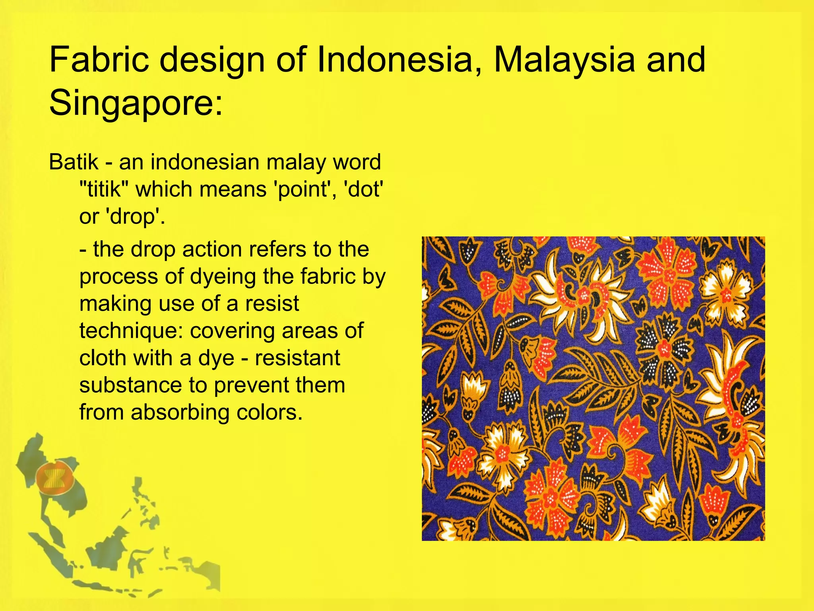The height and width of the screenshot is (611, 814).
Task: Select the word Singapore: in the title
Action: pyautogui.click(x=136, y=103)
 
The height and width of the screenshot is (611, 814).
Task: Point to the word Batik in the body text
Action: pyautogui.click(x=74, y=162)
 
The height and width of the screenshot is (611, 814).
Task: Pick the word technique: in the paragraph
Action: pyautogui.click(x=131, y=331)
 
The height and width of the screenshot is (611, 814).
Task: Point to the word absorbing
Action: pyautogui.click(x=180, y=412)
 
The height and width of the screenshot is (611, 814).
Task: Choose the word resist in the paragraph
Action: pyautogui.click(x=272, y=304)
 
